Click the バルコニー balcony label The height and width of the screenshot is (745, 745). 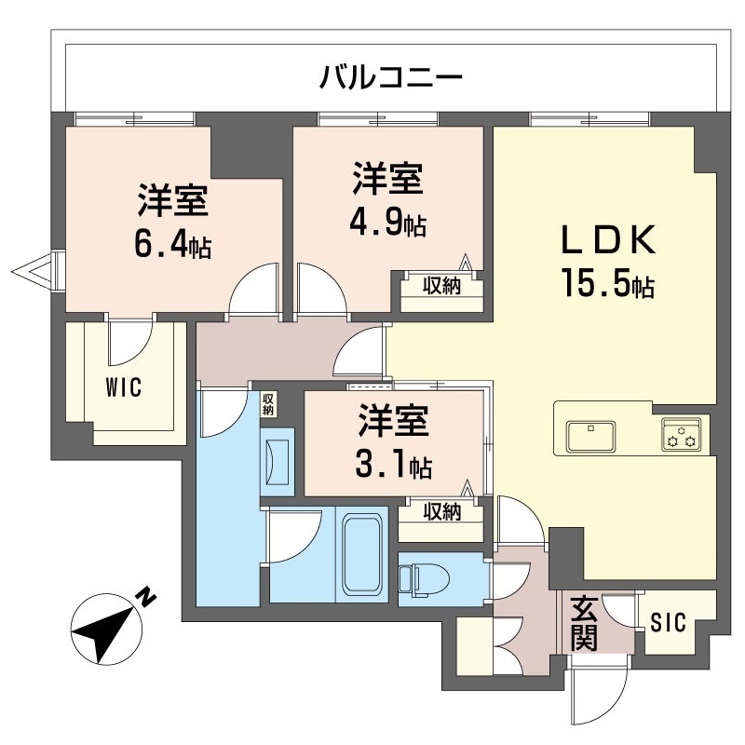390,75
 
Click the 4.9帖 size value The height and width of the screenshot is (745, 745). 387,224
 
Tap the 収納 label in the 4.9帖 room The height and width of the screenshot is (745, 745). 442,286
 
